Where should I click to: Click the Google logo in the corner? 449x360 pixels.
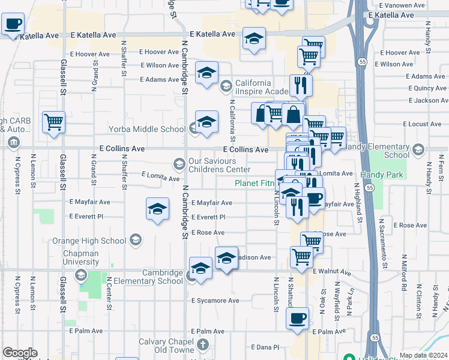click(x=20, y=353)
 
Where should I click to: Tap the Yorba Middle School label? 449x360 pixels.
click(x=147, y=129)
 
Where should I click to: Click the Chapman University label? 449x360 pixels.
click(x=81, y=257)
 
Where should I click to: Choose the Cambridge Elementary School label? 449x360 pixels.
click(x=162, y=277)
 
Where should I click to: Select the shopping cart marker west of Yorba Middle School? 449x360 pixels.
click(x=53, y=121)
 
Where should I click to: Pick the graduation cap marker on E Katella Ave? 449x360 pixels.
click(x=255, y=40)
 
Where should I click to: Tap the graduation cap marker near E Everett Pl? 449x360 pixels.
click(x=157, y=209)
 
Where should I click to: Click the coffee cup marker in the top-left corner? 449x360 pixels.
click(x=13, y=25)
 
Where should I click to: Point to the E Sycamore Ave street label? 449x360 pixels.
click(x=215, y=301)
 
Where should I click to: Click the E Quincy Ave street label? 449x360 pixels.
click(x=426, y=88)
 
